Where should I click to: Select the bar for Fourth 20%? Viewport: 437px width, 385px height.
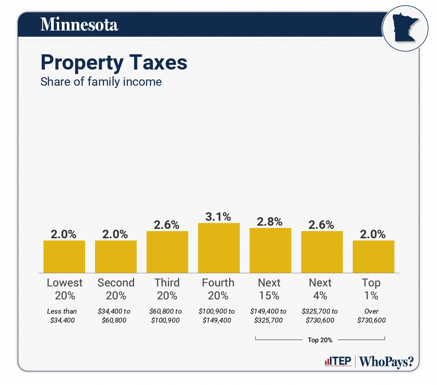pos(219,248)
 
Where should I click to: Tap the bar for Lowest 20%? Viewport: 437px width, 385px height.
pos(64,257)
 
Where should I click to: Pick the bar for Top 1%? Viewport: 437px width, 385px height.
pos(373,257)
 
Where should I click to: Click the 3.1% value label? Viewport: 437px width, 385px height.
pos(219,217)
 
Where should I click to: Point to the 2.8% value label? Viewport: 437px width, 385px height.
pos(270,222)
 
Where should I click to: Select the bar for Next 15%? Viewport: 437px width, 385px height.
pos(270,250)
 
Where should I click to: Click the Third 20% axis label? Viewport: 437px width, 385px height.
pos(167,289)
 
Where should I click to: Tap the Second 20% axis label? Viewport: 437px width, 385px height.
pos(116,289)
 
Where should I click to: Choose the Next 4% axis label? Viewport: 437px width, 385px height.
pos(320,289)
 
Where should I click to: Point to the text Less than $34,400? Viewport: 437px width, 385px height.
pos(62,315)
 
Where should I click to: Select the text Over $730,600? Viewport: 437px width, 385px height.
pos(372,315)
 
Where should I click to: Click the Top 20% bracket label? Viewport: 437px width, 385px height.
pos(320,340)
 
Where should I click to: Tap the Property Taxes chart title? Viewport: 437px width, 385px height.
pos(114,62)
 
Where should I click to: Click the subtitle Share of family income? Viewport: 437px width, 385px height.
pos(101,82)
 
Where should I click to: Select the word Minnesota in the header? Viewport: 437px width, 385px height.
pos(79,24)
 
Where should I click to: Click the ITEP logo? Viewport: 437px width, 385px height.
pos(337,362)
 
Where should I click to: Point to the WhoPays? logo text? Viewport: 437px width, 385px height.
pos(386,362)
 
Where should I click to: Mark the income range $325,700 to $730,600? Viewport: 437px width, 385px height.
pos(320,315)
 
